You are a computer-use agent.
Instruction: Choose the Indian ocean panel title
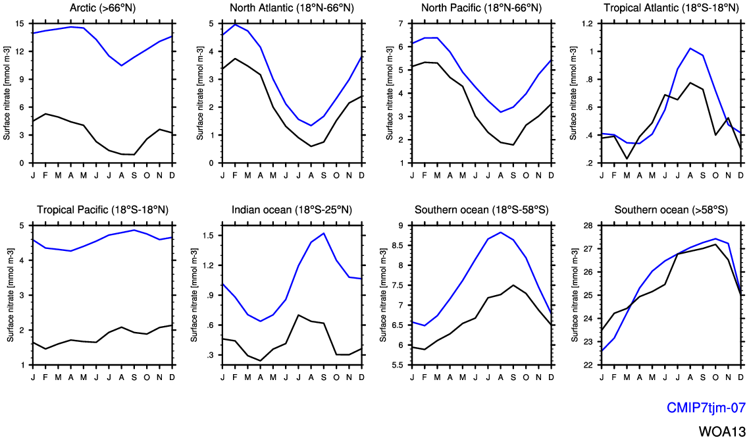coord(292,210)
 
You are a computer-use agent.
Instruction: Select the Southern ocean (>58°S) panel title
coord(671,210)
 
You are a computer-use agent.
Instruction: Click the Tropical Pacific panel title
coord(101,210)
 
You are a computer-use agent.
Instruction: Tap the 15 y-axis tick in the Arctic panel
coord(22,24)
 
